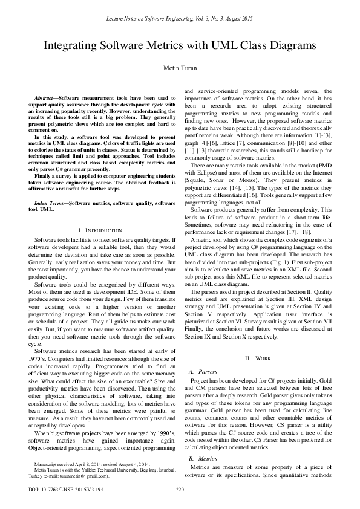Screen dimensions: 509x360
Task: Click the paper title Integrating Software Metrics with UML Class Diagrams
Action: coord(180,45)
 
